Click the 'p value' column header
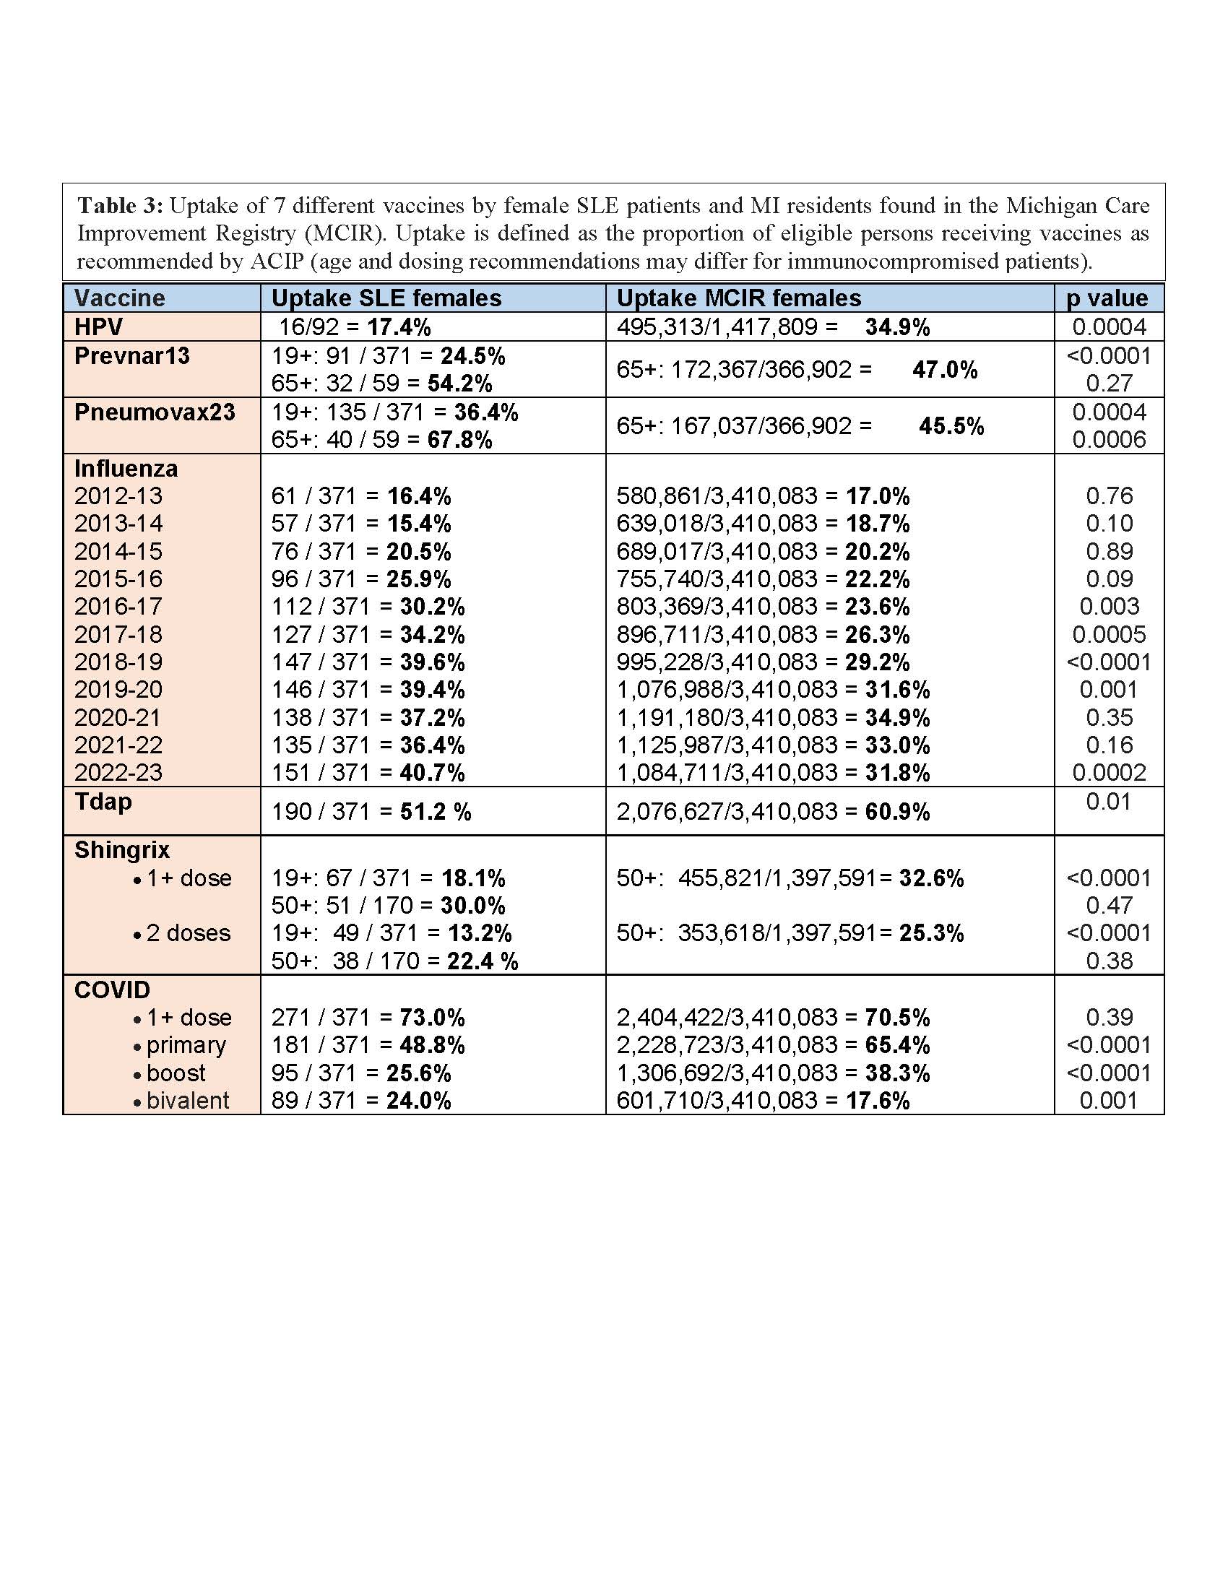1107,298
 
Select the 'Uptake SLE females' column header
386,298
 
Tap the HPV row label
98,327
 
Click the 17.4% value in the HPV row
399,327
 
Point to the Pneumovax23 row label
155,412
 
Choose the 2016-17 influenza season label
118,607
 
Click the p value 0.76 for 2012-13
1109,496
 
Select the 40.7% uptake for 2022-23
432,773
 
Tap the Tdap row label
103,802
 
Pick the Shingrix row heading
121,850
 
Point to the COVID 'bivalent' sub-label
188,1101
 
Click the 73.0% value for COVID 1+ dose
432,1018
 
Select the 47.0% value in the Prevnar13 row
944,370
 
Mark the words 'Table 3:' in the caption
120,206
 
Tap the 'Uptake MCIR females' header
738,298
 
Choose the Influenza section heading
126,469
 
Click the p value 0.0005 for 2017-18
1109,634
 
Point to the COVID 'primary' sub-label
186,1046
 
